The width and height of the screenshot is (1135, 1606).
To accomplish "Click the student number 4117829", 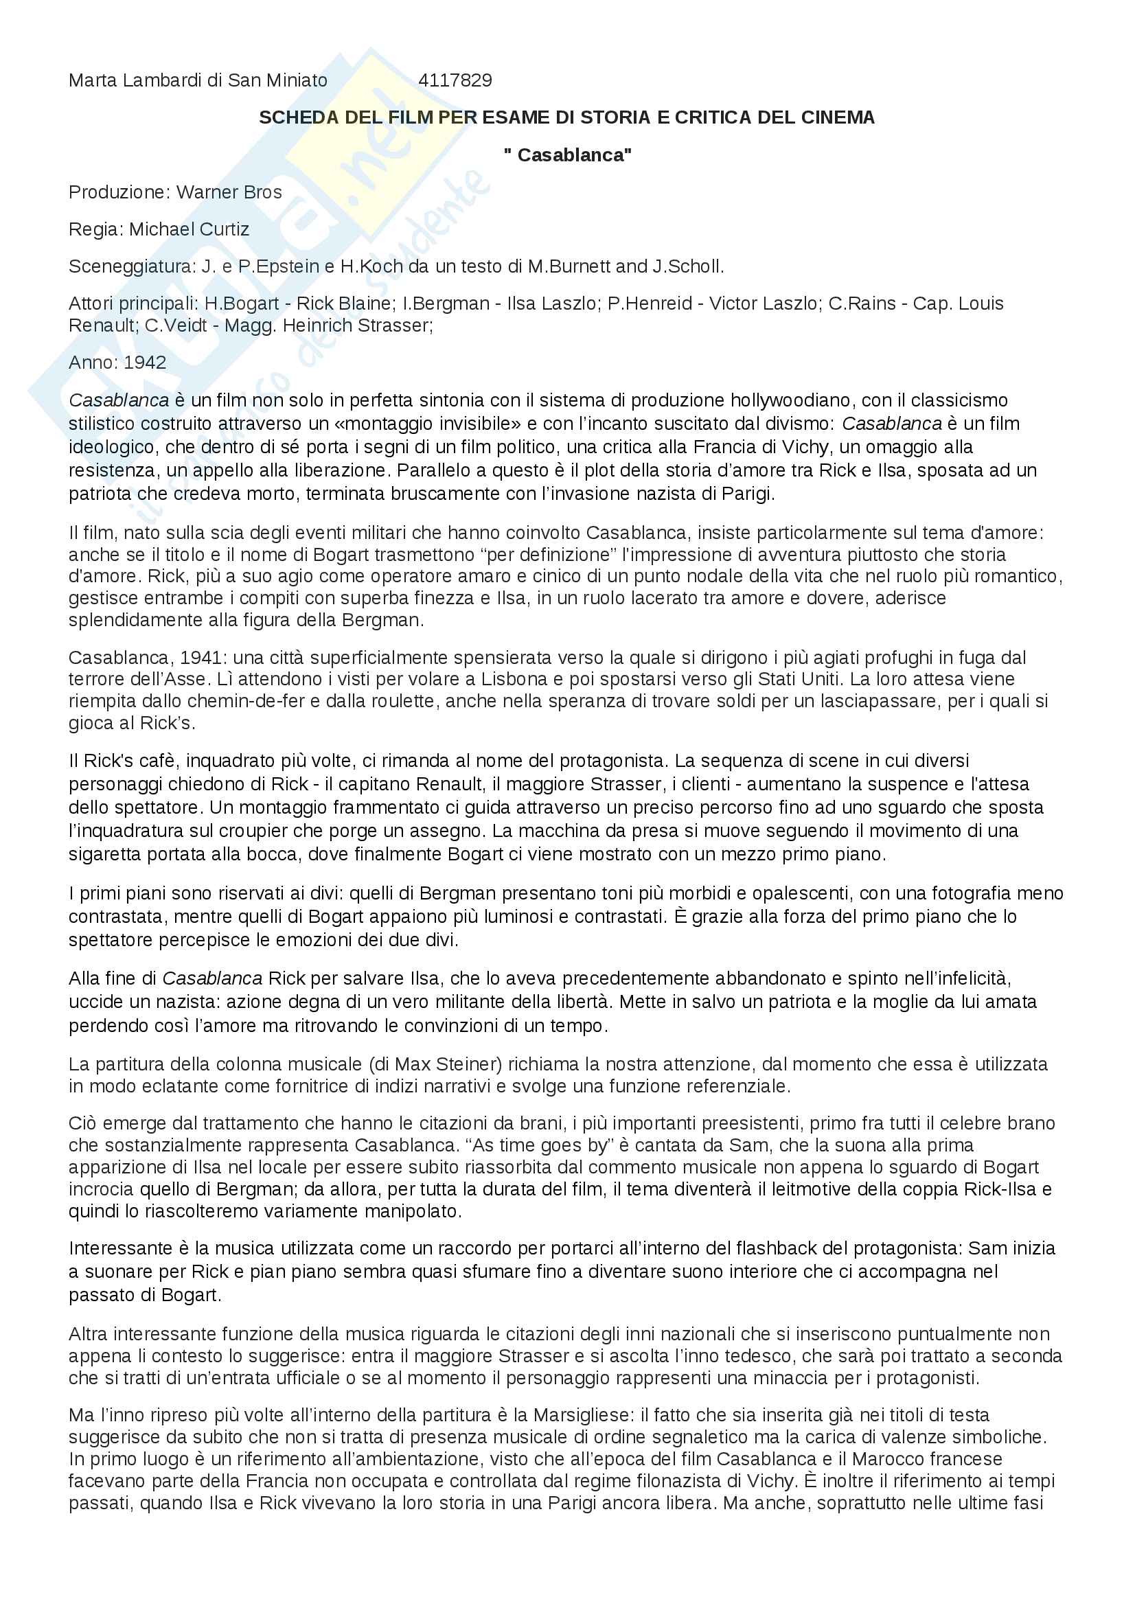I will point(455,80).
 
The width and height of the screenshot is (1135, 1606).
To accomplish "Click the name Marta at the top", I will point(93,80).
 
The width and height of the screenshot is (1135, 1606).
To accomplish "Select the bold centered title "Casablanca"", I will point(567,154).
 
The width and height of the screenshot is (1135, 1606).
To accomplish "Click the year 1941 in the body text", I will point(200,658).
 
